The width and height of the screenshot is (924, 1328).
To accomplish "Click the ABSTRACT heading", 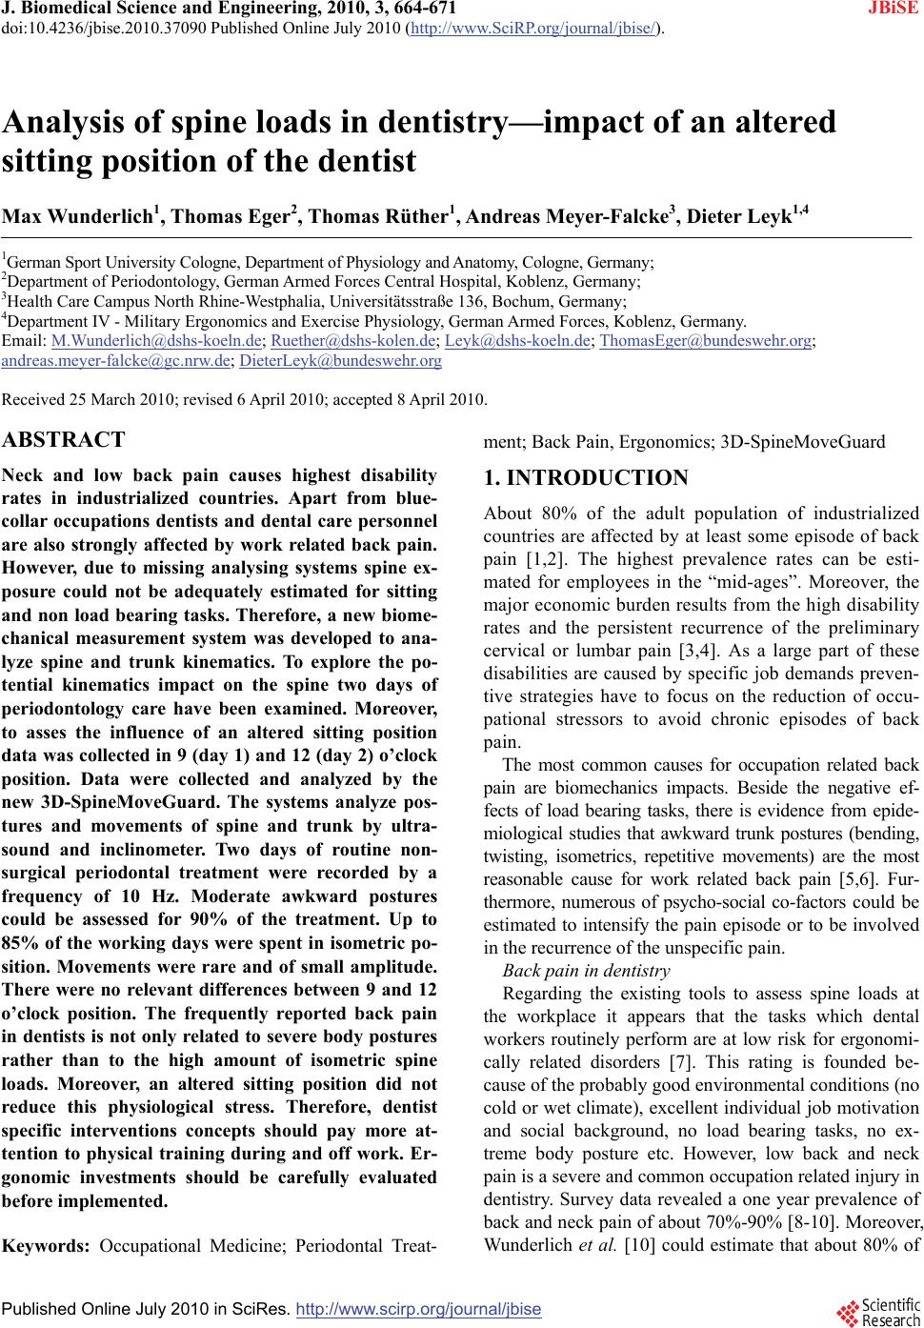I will click(x=64, y=440).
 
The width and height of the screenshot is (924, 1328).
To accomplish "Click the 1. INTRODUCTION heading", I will click(x=586, y=478).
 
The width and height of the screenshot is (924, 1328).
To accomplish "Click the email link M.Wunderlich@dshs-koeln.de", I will click(x=157, y=340).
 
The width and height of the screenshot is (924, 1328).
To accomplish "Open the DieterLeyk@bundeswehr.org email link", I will click(x=340, y=360).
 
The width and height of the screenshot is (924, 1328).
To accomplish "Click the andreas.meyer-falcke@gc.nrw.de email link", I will click(x=117, y=360).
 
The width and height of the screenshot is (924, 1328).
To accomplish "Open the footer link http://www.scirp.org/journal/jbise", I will click(x=419, y=1310).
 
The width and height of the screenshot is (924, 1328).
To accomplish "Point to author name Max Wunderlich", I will click(x=76, y=218).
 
